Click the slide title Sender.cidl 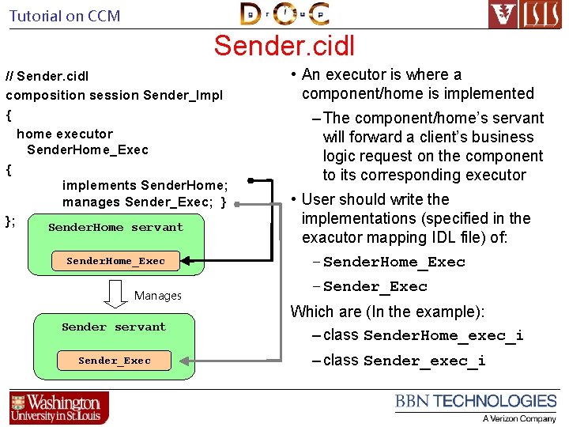pos(284,45)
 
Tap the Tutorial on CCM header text pos(65,15)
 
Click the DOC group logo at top pos(284,14)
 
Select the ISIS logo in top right pos(525,14)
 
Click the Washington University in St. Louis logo pos(58,407)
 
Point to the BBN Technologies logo pos(476,406)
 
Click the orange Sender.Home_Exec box pos(115,261)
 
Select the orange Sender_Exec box pos(114,361)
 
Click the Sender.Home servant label pos(115,227)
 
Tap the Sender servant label pos(114,327)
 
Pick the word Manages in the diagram pos(157,296)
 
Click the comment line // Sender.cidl pos(47,77)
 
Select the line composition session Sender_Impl pos(114,95)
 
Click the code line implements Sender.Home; pos(145,185)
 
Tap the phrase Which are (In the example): pos(387,312)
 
